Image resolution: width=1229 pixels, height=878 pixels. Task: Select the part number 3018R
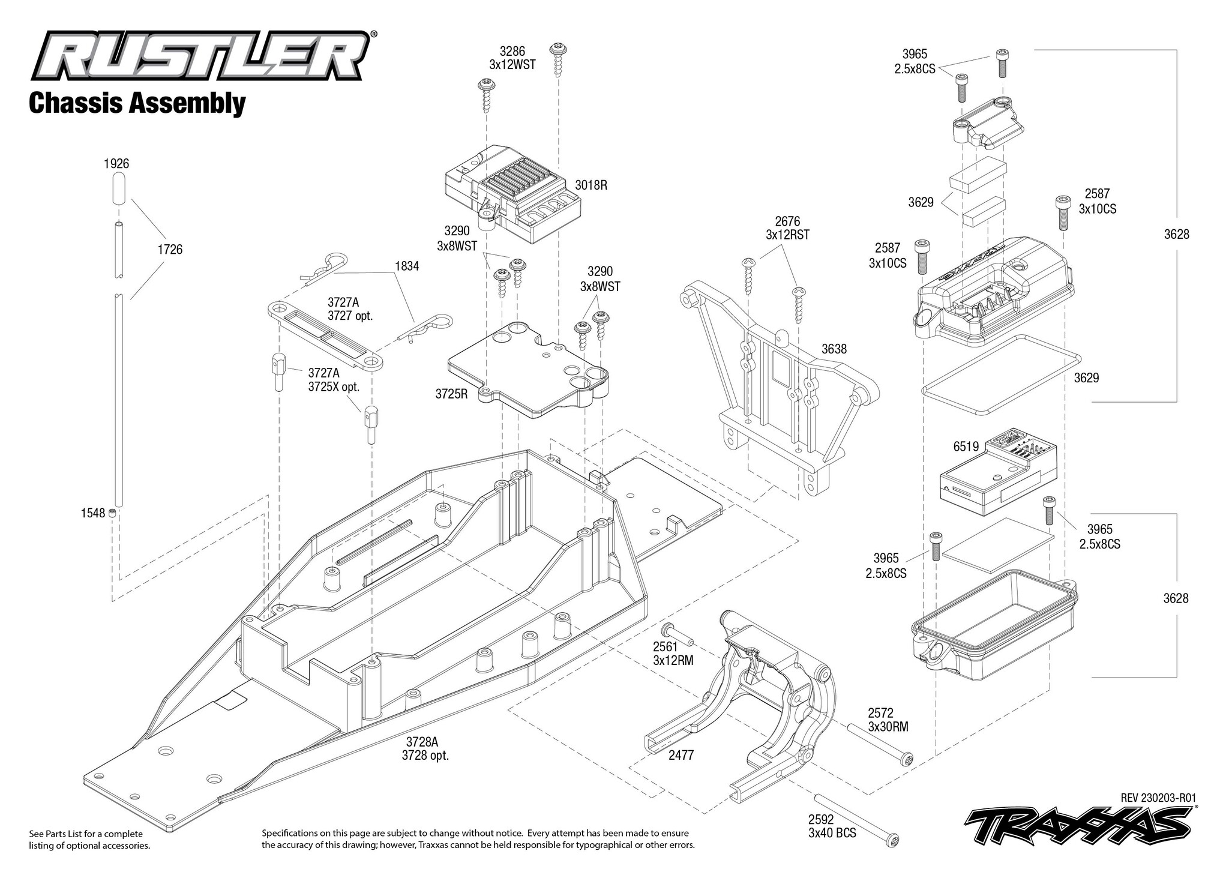[x=591, y=185]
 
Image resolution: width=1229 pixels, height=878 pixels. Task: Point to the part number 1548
[x=92, y=513]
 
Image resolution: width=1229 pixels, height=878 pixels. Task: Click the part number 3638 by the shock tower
[x=834, y=349]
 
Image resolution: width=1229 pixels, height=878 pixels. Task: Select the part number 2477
[x=681, y=755]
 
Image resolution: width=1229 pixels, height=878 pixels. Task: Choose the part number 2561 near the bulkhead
[x=666, y=646]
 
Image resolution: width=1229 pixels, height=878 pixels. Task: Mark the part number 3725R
[x=451, y=394]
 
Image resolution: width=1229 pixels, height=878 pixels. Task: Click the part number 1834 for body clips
[x=407, y=266]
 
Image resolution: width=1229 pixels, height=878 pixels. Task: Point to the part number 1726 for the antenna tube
[x=170, y=249]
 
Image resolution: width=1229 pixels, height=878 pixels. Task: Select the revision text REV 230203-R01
[x=1158, y=798]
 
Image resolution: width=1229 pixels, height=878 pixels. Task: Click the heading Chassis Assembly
[x=137, y=103]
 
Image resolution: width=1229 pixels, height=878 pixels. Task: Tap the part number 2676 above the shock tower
[x=787, y=221]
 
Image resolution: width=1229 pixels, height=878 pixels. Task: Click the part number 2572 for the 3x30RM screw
[x=880, y=713]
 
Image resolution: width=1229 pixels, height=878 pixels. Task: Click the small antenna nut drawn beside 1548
[x=112, y=513]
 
